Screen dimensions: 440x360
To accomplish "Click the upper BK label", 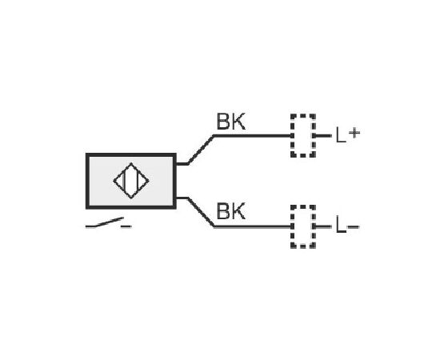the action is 231,122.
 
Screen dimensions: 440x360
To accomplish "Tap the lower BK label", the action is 231,211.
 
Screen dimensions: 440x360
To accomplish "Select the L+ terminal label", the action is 348,134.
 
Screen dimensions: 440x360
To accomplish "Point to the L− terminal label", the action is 347,226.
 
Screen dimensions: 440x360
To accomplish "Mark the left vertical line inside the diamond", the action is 123,181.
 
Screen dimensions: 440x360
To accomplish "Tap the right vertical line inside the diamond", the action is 138,181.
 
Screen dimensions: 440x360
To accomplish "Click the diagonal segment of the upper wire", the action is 201,150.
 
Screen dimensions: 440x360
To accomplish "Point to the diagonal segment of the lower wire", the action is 201,212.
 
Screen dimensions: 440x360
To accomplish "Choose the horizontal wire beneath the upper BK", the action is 253,136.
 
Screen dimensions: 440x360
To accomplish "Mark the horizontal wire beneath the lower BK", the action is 253,226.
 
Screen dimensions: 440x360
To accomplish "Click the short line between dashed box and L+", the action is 323,136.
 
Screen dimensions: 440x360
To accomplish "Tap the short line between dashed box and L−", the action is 323,226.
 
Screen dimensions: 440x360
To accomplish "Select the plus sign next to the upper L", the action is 354,133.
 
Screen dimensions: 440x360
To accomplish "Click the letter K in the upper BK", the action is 238,122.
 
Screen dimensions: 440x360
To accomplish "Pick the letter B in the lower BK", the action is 223,211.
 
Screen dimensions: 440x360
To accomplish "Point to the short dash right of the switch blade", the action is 126,226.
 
